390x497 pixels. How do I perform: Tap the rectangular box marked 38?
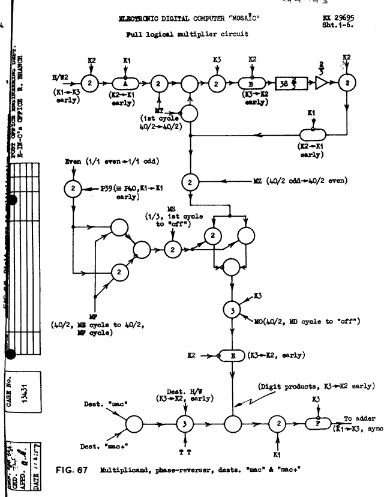point(291,83)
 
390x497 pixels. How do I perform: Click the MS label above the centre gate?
point(176,210)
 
